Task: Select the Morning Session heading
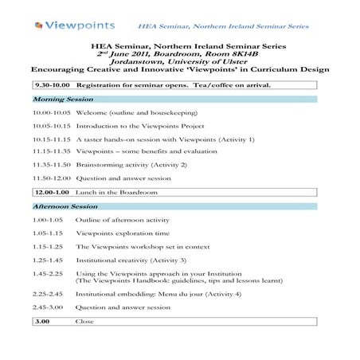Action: [61, 100]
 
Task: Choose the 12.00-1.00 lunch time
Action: [53, 192]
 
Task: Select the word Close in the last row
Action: [84, 321]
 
